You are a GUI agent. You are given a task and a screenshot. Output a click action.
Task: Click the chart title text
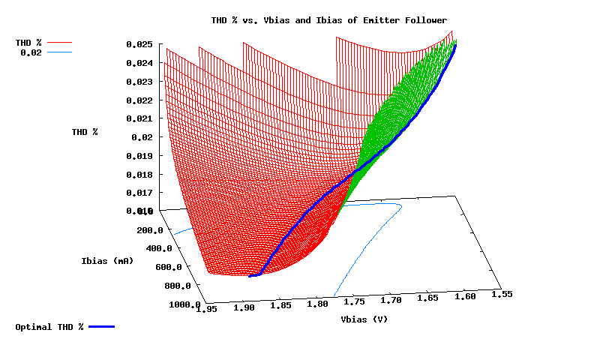[330, 19]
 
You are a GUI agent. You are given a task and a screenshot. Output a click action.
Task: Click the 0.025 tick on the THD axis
[139, 45]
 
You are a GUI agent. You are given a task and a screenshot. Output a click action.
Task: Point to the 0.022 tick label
[139, 100]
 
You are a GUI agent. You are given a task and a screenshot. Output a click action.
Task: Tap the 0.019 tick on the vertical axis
[139, 156]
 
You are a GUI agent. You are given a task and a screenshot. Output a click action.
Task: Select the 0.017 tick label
[139, 193]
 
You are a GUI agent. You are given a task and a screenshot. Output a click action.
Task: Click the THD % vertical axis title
[85, 132]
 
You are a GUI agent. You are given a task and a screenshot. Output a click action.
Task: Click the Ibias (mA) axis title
[107, 261]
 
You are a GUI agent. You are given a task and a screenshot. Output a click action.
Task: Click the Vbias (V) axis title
[364, 319]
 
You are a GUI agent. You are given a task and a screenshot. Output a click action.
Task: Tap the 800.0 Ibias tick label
[177, 286]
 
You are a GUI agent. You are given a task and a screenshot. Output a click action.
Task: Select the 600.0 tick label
[168, 267]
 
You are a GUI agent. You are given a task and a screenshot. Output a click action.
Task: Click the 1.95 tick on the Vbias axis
[207, 307]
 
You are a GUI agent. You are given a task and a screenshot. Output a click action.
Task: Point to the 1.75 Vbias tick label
[355, 301]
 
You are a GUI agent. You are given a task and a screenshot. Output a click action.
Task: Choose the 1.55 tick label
[502, 295]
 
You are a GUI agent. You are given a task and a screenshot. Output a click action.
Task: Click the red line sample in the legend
[61, 43]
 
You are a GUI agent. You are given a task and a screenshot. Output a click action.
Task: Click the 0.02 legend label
[31, 53]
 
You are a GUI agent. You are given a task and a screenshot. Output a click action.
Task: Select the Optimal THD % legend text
[49, 328]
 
